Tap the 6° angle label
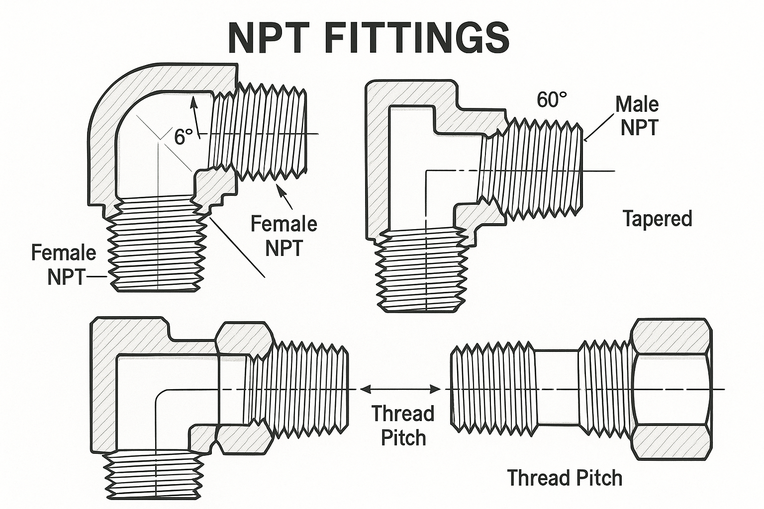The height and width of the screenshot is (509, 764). [x=183, y=137]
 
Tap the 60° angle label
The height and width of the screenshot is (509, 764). [x=552, y=100]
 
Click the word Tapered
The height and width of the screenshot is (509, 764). [x=657, y=219]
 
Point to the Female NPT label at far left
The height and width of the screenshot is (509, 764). [x=64, y=264]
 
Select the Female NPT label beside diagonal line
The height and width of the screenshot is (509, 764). [x=284, y=235]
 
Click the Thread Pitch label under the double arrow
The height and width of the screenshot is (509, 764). [x=403, y=425]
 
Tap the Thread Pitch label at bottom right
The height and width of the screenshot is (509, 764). [x=565, y=478]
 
